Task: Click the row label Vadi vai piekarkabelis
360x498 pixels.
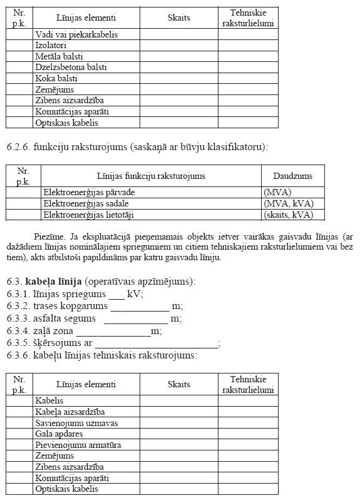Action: (x=76, y=34)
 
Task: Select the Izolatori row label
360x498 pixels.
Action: (x=51, y=46)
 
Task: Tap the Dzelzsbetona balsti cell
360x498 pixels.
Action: (x=71, y=68)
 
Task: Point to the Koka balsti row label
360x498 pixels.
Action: (x=56, y=78)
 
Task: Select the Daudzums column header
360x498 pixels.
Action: (x=292, y=176)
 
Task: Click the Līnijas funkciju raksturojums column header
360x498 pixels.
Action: (x=150, y=176)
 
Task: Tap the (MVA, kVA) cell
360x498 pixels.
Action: (x=289, y=204)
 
